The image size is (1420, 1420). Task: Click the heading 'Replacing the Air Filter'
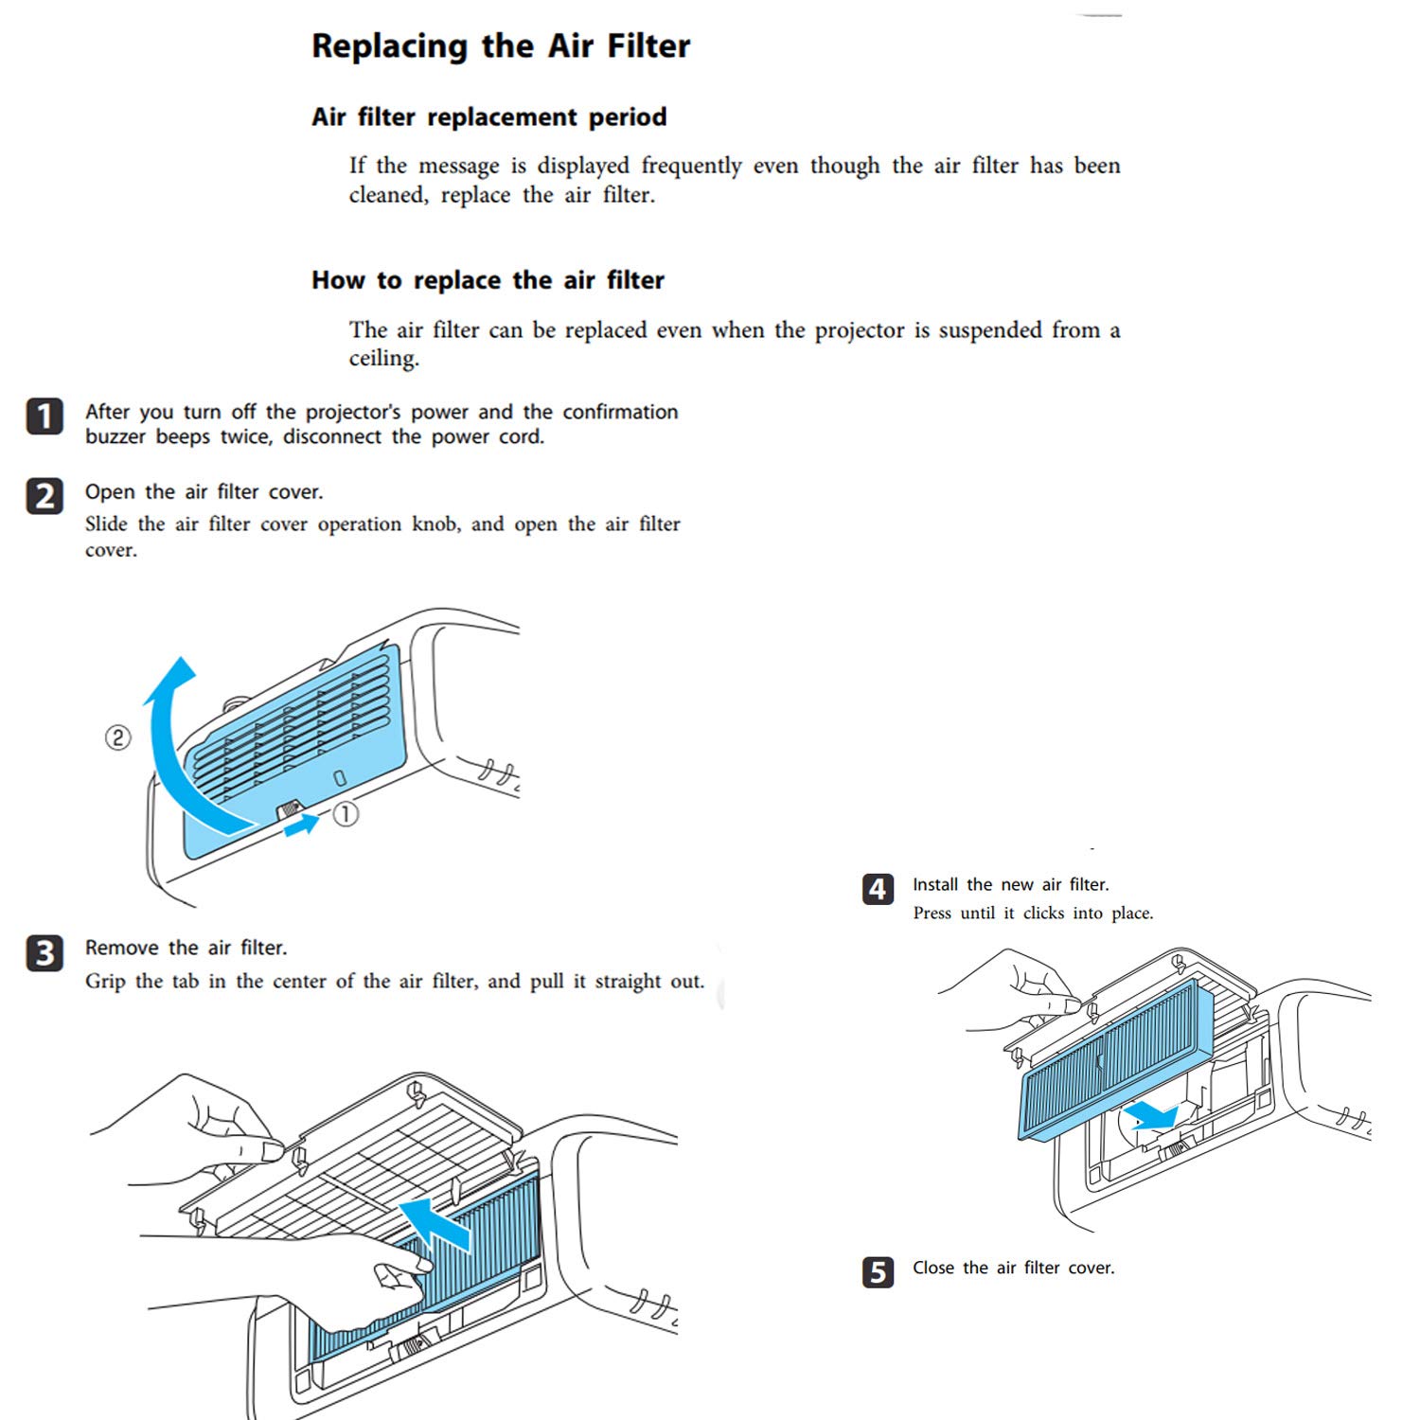(x=501, y=46)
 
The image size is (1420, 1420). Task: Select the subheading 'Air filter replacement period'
(x=488, y=117)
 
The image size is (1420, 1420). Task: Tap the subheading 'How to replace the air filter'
(x=488, y=281)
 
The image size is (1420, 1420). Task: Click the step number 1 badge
(x=44, y=417)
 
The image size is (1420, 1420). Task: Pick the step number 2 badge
(x=44, y=496)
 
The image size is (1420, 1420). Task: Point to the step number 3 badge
(x=44, y=952)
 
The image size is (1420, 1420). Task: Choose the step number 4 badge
(x=878, y=889)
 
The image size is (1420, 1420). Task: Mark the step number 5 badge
(x=878, y=1271)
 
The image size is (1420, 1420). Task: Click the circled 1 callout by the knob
(x=346, y=813)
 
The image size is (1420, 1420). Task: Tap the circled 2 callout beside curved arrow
(x=117, y=737)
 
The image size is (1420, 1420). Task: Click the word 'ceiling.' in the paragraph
(x=383, y=359)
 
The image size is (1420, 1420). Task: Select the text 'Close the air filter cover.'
(x=1013, y=1268)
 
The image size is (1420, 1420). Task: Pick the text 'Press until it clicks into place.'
(x=1033, y=914)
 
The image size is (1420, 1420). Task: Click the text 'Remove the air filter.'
(x=186, y=948)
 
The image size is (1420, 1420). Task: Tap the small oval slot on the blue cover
(x=341, y=778)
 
